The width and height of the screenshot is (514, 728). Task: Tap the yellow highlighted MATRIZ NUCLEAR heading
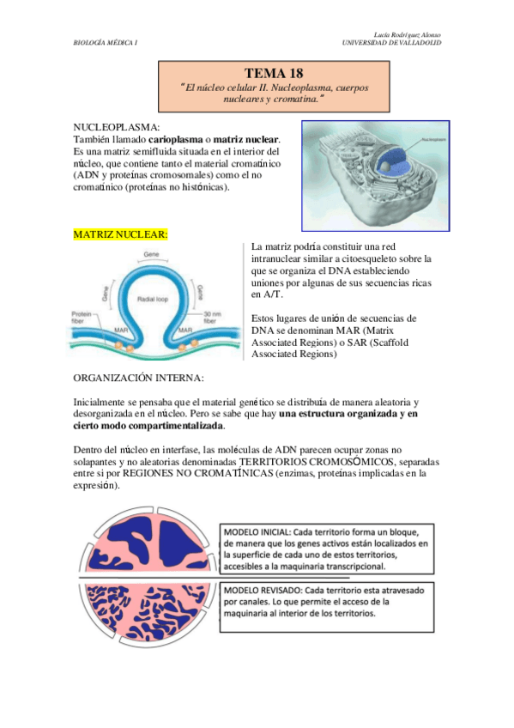tap(120, 234)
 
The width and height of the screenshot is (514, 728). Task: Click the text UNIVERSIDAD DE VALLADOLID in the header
tap(391, 42)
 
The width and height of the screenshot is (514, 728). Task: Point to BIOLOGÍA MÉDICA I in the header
tap(106, 42)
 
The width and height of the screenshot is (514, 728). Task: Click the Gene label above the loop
tap(153, 255)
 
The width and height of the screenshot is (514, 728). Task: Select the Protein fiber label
tap(82, 316)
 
